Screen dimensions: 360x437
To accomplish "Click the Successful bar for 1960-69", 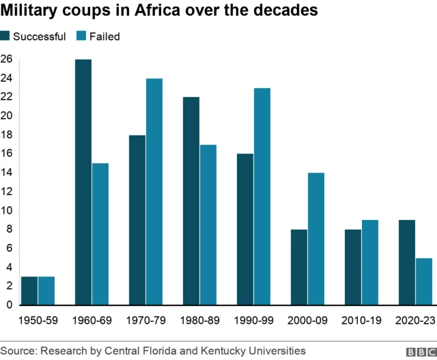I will pos(83,182).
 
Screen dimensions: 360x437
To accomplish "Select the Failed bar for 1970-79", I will pos(154,191).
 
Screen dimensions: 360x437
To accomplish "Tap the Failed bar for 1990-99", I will pos(262,196).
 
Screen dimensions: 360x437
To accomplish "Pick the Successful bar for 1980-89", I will pos(191,201).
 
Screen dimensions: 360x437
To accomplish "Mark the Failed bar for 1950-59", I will pos(46,290).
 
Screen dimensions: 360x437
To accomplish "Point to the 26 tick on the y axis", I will pos(7,59).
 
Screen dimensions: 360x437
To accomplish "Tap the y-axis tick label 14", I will pos(7,173).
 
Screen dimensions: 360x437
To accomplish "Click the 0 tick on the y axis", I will pos(7,305).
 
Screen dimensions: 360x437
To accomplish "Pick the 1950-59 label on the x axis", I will pos(39,319).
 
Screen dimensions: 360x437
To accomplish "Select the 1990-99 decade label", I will pos(253,319).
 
